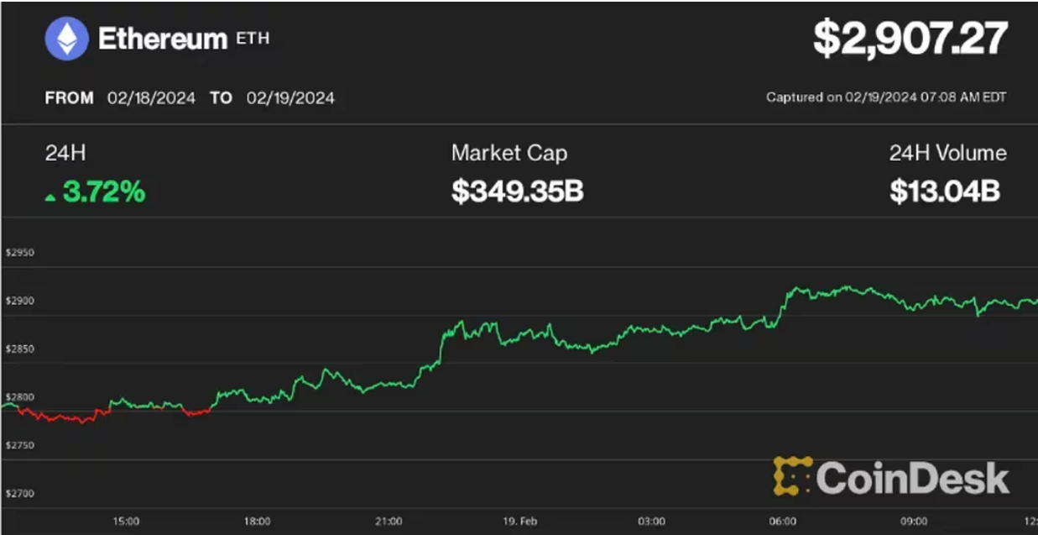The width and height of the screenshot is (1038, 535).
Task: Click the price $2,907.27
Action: [910, 39]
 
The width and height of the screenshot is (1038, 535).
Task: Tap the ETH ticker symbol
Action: [253, 39]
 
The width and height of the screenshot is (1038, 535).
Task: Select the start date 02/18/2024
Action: [151, 98]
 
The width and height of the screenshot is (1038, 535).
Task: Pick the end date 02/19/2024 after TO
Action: [290, 98]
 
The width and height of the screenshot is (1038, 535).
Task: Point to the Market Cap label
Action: [509, 153]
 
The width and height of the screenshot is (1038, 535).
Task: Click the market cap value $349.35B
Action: [517, 191]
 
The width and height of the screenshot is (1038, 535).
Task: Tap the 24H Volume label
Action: [947, 153]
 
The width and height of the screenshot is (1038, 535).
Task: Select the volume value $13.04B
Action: [945, 191]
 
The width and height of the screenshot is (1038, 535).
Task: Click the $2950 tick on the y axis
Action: [19, 252]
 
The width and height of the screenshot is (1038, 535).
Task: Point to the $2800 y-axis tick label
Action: [19, 396]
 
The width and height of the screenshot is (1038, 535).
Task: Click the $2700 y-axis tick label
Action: [19, 493]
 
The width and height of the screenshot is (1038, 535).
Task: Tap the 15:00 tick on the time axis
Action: [126, 522]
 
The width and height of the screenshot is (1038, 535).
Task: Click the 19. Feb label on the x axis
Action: [520, 522]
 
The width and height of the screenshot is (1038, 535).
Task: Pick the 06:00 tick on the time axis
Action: [783, 522]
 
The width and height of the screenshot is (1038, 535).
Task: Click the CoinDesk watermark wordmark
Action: [911, 478]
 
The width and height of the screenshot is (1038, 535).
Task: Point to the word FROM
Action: [69, 98]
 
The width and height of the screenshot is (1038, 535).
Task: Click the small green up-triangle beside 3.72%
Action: [50, 197]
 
